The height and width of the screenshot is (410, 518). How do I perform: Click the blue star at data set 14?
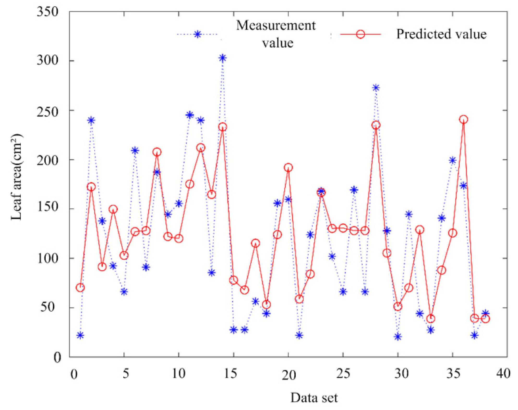[222, 58]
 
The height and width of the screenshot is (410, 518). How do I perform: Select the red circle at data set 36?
[463, 120]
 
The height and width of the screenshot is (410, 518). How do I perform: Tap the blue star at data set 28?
[376, 88]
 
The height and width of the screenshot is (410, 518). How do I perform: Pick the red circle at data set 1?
[80, 288]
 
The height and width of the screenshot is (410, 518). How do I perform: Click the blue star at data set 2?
[91, 120]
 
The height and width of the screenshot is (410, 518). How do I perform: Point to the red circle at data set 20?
[288, 168]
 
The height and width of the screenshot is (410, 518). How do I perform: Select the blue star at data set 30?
[398, 337]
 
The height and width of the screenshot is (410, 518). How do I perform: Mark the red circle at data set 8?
[157, 152]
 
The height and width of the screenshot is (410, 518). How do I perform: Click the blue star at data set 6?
[135, 150]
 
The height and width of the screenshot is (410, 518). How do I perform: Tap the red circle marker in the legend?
[360, 34]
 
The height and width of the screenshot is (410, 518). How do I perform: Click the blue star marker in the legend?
[198, 34]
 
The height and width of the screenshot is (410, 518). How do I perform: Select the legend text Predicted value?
[441, 34]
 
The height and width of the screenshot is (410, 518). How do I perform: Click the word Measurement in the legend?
[276, 25]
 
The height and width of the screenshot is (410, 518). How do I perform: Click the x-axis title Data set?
[314, 398]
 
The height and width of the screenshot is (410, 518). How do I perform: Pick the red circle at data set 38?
[485, 318]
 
